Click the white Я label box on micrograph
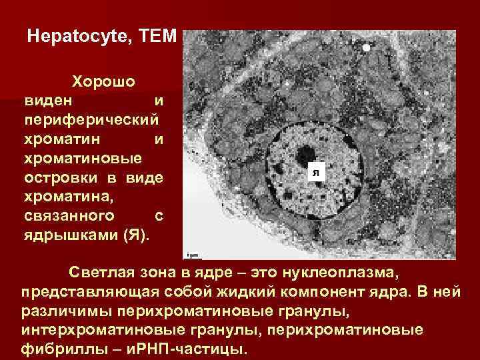pos(317,173)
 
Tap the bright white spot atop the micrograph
pos(366,48)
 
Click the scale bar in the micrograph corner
pos(193,254)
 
